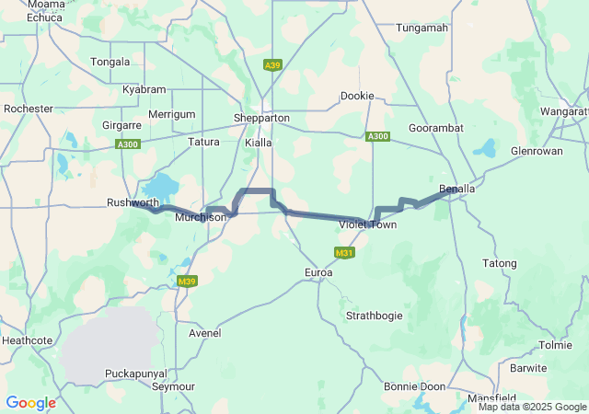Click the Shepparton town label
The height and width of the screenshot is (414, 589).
(263, 119)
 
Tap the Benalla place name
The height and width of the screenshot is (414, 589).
(457, 190)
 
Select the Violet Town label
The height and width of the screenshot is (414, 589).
(367, 224)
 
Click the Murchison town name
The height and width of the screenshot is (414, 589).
(201, 217)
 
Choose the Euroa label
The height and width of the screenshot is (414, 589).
(318, 273)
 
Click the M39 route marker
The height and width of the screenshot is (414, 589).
(187, 282)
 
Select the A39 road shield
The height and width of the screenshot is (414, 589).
(272, 65)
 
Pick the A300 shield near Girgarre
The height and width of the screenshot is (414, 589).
(127, 144)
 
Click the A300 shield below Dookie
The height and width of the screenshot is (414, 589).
(377, 136)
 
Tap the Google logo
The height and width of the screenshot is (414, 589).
(30, 403)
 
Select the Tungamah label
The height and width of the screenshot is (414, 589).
(422, 28)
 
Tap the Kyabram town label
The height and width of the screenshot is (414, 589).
(144, 89)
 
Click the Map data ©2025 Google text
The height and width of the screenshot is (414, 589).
(532, 407)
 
